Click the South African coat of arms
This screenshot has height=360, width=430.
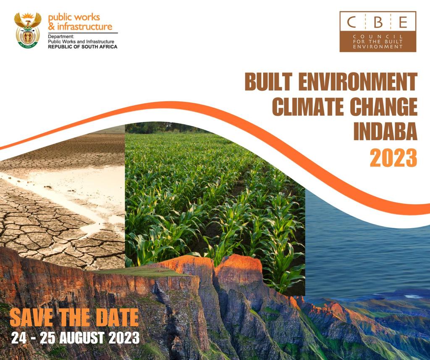click(28, 30)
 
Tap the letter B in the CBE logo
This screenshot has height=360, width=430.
click(378, 21)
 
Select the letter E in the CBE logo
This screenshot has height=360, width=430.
click(403, 21)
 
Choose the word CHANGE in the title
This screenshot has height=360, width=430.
click(385, 107)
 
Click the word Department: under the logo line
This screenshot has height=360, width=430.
click(61, 37)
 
